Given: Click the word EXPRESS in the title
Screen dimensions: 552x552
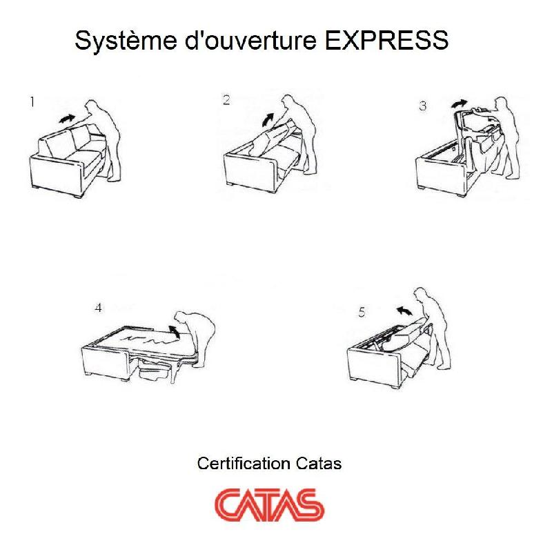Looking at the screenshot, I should [386, 41].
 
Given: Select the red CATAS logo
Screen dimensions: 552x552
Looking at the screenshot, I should [269, 504].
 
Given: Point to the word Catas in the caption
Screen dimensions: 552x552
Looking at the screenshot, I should [319, 463].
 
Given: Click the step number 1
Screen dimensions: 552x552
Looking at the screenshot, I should [32, 102].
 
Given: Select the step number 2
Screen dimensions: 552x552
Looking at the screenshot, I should [226, 100].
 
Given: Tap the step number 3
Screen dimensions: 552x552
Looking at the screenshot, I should [422, 106].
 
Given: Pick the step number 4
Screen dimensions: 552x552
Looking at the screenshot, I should [98, 308].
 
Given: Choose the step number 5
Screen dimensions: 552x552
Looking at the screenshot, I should [362, 313].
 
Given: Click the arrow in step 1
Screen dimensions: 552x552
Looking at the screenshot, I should [66, 118].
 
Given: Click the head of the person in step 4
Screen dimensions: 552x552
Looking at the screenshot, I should [183, 316].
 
